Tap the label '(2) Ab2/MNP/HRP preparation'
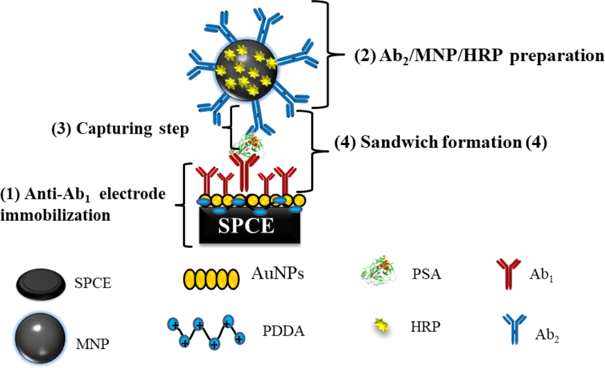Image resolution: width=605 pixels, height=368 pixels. [x=479, y=56]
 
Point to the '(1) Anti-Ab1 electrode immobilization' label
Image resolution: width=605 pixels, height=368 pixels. [x=83, y=204]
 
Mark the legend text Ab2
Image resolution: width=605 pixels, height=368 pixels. [x=547, y=337]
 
